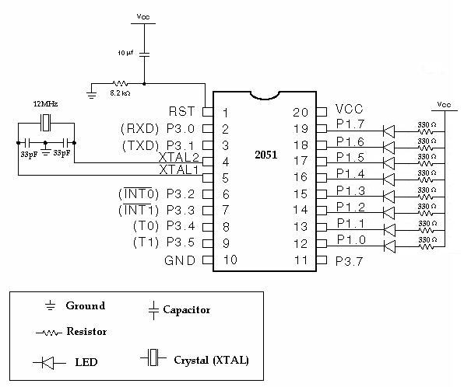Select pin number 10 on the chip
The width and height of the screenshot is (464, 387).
[x=230, y=260]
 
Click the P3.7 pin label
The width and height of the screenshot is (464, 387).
[x=350, y=260]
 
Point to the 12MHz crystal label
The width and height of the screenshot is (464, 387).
[x=47, y=103]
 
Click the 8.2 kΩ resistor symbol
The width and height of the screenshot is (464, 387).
[x=120, y=83]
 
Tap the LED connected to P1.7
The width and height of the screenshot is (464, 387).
[x=389, y=131]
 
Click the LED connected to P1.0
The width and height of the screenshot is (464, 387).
[x=389, y=248]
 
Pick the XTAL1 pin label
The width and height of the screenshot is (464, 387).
[x=178, y=169]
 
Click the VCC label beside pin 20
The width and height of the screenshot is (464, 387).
[x=349, y=110]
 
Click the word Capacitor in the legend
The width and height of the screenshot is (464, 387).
[x=186, y=310]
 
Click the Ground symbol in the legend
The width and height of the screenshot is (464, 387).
[x=51, y=306]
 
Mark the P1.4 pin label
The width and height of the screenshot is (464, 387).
[x=350, y=173]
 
